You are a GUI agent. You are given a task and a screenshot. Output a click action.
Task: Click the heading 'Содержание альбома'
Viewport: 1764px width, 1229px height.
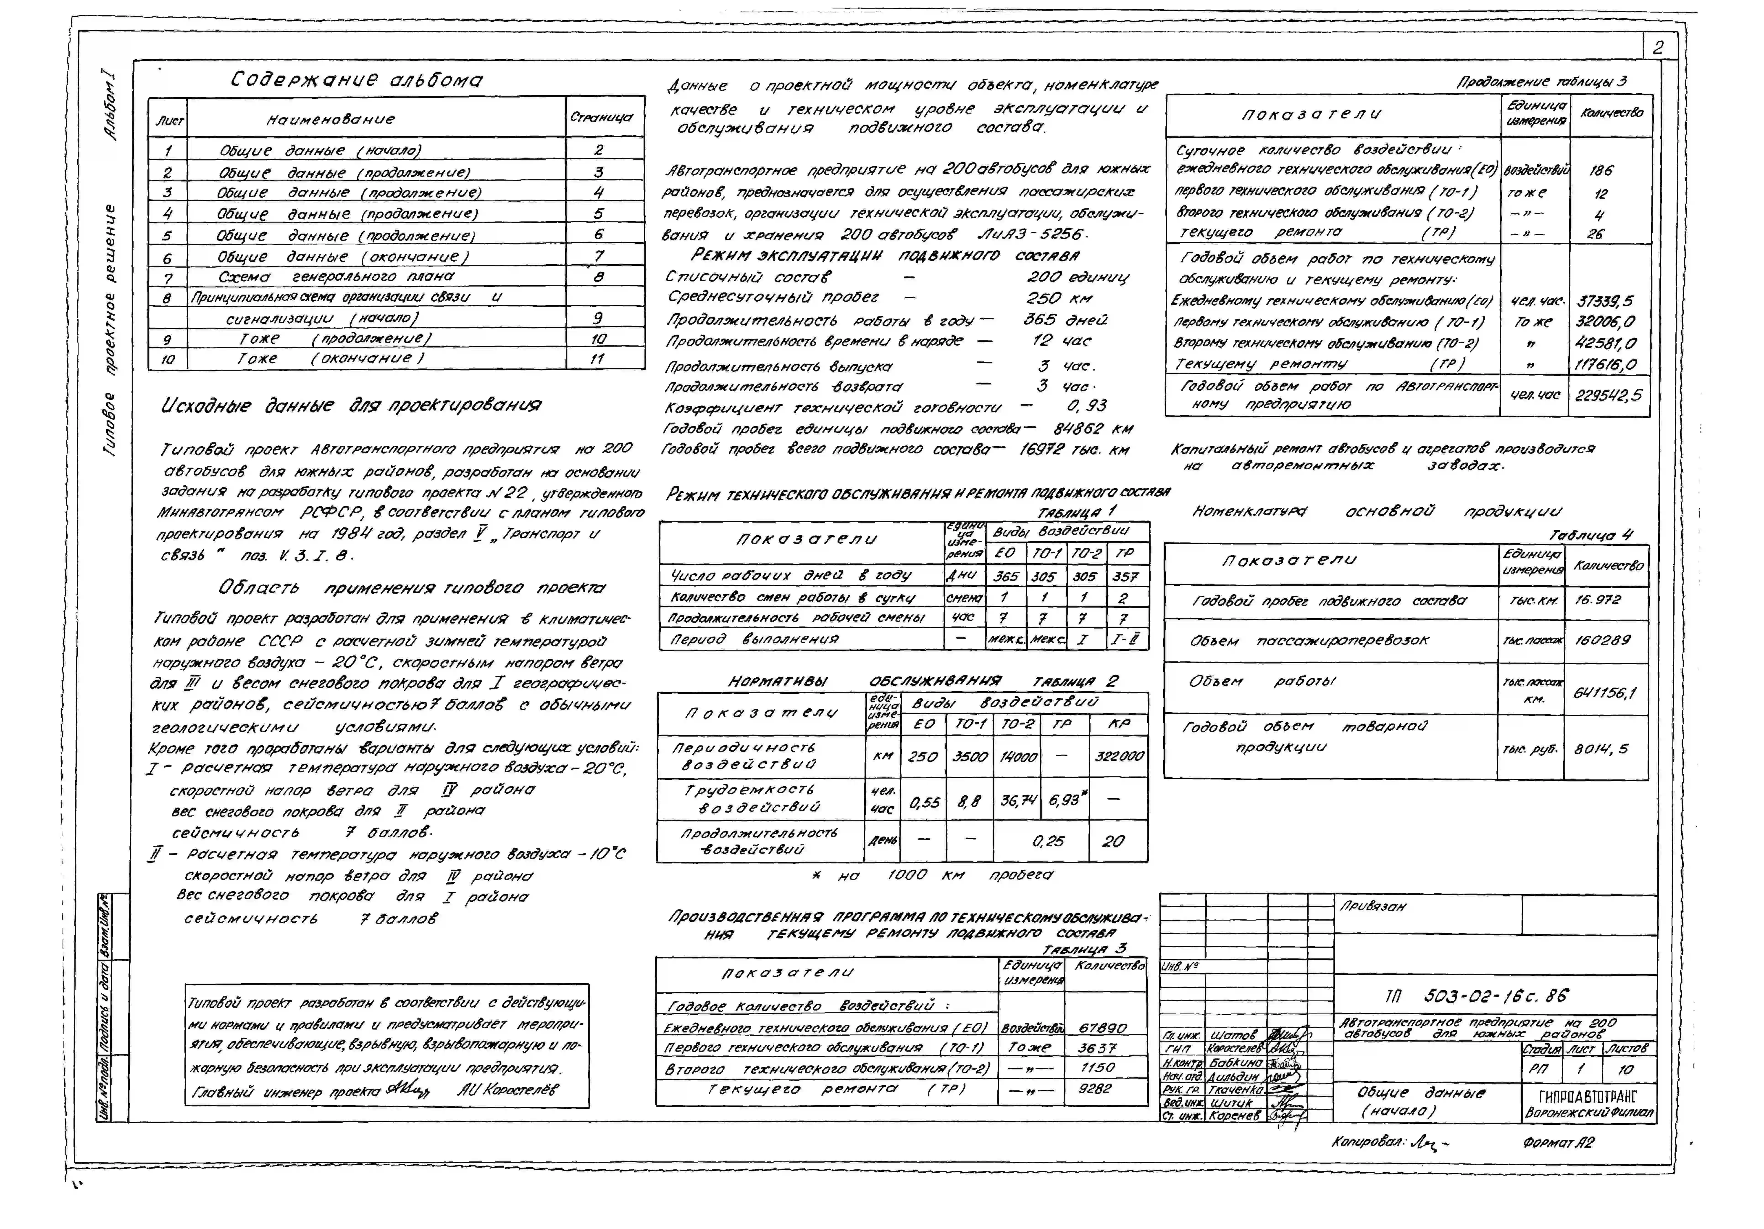point(357,80)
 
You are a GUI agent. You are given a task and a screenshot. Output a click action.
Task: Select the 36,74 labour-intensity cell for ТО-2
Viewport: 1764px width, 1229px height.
point(1018,801)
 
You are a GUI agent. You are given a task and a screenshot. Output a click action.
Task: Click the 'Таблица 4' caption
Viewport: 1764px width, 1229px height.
point(1590,535)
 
